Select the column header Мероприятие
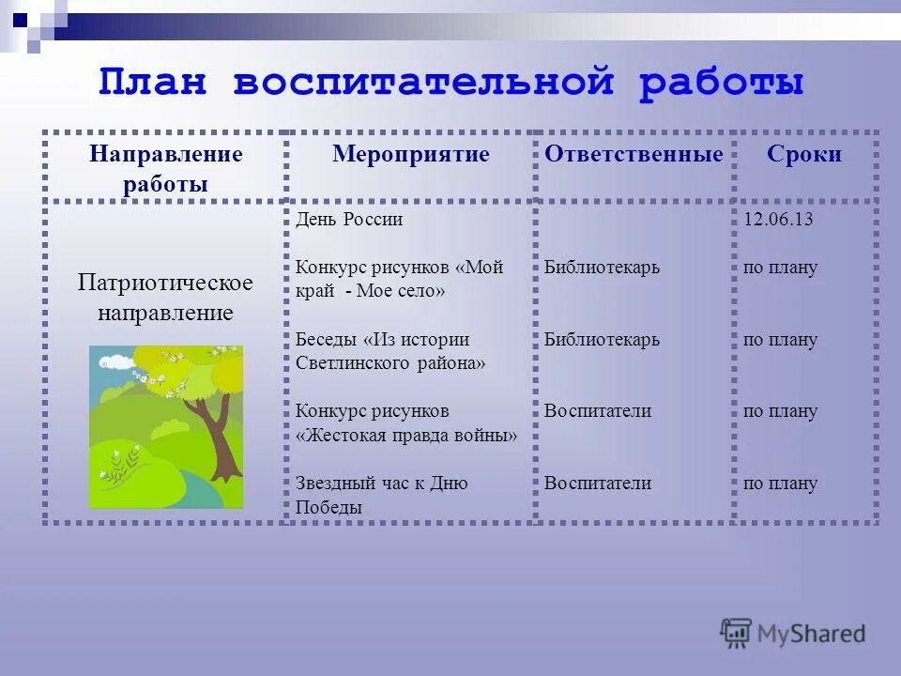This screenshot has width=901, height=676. pos(410,155)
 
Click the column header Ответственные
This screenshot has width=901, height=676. pos(634,155)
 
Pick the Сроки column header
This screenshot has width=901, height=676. pos(803,155)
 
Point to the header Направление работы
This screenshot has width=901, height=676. pos(165,169)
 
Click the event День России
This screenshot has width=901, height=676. pos(348,220)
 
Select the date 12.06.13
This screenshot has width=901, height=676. pos(777,220)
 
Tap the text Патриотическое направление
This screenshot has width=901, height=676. pos(165,297)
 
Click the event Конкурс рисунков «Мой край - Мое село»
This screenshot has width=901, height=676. pos(399,279)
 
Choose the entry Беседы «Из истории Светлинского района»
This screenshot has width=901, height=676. pos(389,351)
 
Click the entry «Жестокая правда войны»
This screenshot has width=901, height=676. pos(406,436)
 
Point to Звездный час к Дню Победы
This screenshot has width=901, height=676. pos(381,495)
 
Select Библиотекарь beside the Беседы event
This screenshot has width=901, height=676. pos(602,339)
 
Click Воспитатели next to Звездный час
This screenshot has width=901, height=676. pos(597,484)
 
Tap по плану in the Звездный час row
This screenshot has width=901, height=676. pos(780,484)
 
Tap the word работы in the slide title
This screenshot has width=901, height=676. pos(722,83)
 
